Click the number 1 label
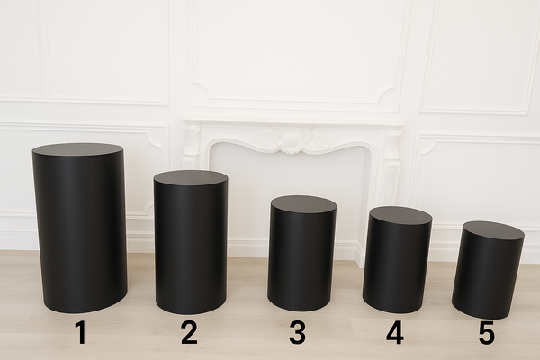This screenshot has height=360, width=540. coord(80,333)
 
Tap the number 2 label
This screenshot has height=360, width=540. coord(189,333)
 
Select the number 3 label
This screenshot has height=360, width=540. coord(297,333)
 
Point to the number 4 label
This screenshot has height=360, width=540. coord(395,333)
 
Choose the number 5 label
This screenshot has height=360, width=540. coord(486,333)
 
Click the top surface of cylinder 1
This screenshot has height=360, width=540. coord(77,149)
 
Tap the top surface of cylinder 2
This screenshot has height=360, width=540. coord(190,177)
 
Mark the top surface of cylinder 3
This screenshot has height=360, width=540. coord(303,204)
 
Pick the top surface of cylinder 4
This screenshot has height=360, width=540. coord(400,215)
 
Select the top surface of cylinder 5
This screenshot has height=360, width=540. coord(493,230)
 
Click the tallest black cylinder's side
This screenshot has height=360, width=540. coord(80,234)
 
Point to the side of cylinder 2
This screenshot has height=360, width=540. coord(190,247)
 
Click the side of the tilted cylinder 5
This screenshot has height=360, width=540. coord(487,274)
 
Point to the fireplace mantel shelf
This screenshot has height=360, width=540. coord(292,121)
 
